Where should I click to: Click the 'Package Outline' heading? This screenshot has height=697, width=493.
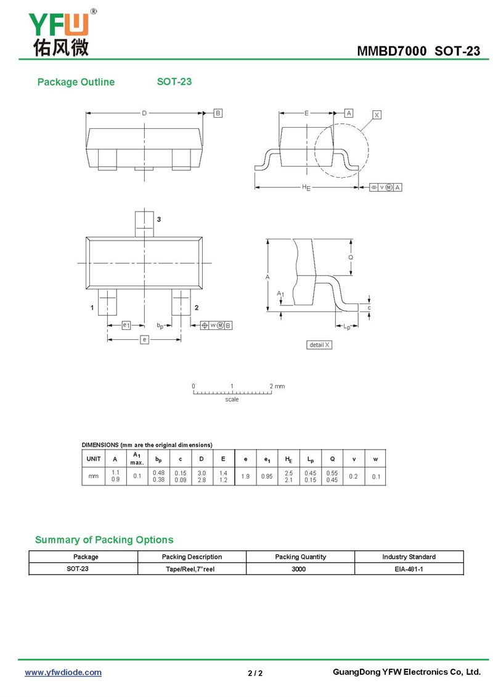(x=76, y=82)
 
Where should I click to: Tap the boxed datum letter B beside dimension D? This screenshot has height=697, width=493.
(x=218, y=113)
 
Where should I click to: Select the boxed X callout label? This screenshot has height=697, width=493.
(x=377, y=115)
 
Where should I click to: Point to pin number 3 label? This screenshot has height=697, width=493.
(x=159, y=220)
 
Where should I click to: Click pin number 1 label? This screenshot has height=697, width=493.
(x=92, y=307)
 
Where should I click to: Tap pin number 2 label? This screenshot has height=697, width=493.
(x=196, y=307)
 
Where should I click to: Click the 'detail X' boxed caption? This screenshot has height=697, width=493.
(x=319, y=345)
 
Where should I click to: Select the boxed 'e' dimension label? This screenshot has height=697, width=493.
(x=144, y=340)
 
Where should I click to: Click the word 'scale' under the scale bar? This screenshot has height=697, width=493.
(x=232, y=400)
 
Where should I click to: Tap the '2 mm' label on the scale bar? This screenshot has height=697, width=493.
(x=277, y=386)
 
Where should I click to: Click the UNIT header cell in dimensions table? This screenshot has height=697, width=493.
(x=94, y=459)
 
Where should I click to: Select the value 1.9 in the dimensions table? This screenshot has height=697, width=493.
(x=245, y=476)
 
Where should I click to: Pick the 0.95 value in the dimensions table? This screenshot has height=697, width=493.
(x=267, y=476)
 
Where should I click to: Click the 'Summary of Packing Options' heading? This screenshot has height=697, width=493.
(x=104, y=540)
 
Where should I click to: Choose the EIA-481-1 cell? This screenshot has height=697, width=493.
(x=409, y=569)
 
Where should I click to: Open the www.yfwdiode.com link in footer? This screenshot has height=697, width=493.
(x=63, y=672)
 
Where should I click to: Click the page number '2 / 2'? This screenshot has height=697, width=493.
(x=255, y=673)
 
